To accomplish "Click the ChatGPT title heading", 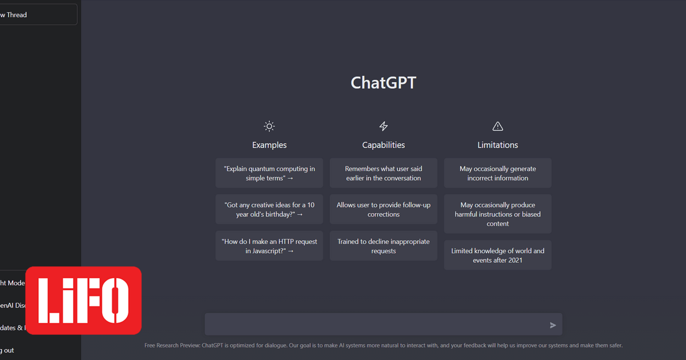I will (x=383, y=83).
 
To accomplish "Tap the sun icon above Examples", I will (x=269, y=126).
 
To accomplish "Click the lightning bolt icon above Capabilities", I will (x=384, y=126).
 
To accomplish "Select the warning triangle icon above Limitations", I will (x=497, y=126).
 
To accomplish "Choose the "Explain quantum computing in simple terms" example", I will (x=269, y=173).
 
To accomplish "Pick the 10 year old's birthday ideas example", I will (x=269, y=209).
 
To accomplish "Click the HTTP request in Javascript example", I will (x=269, y=246).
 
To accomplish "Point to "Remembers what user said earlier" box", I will (x=384, y=173).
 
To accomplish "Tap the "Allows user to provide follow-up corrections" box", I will (x=384, y=209).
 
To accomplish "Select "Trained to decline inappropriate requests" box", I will (x=384, y=246).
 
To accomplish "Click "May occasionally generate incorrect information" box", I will (x=497, y=173).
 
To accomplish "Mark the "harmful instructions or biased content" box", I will (x=497, y=214).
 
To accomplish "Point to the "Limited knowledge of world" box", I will (x=497, y=255).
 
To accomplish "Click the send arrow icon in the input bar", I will (x=553, y=325).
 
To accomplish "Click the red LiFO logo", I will (x=83, y=300).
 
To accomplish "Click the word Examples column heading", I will (x=269, y=145).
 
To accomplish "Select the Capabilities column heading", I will (x=384, y=145).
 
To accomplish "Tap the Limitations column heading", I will (x=497, y=145).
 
